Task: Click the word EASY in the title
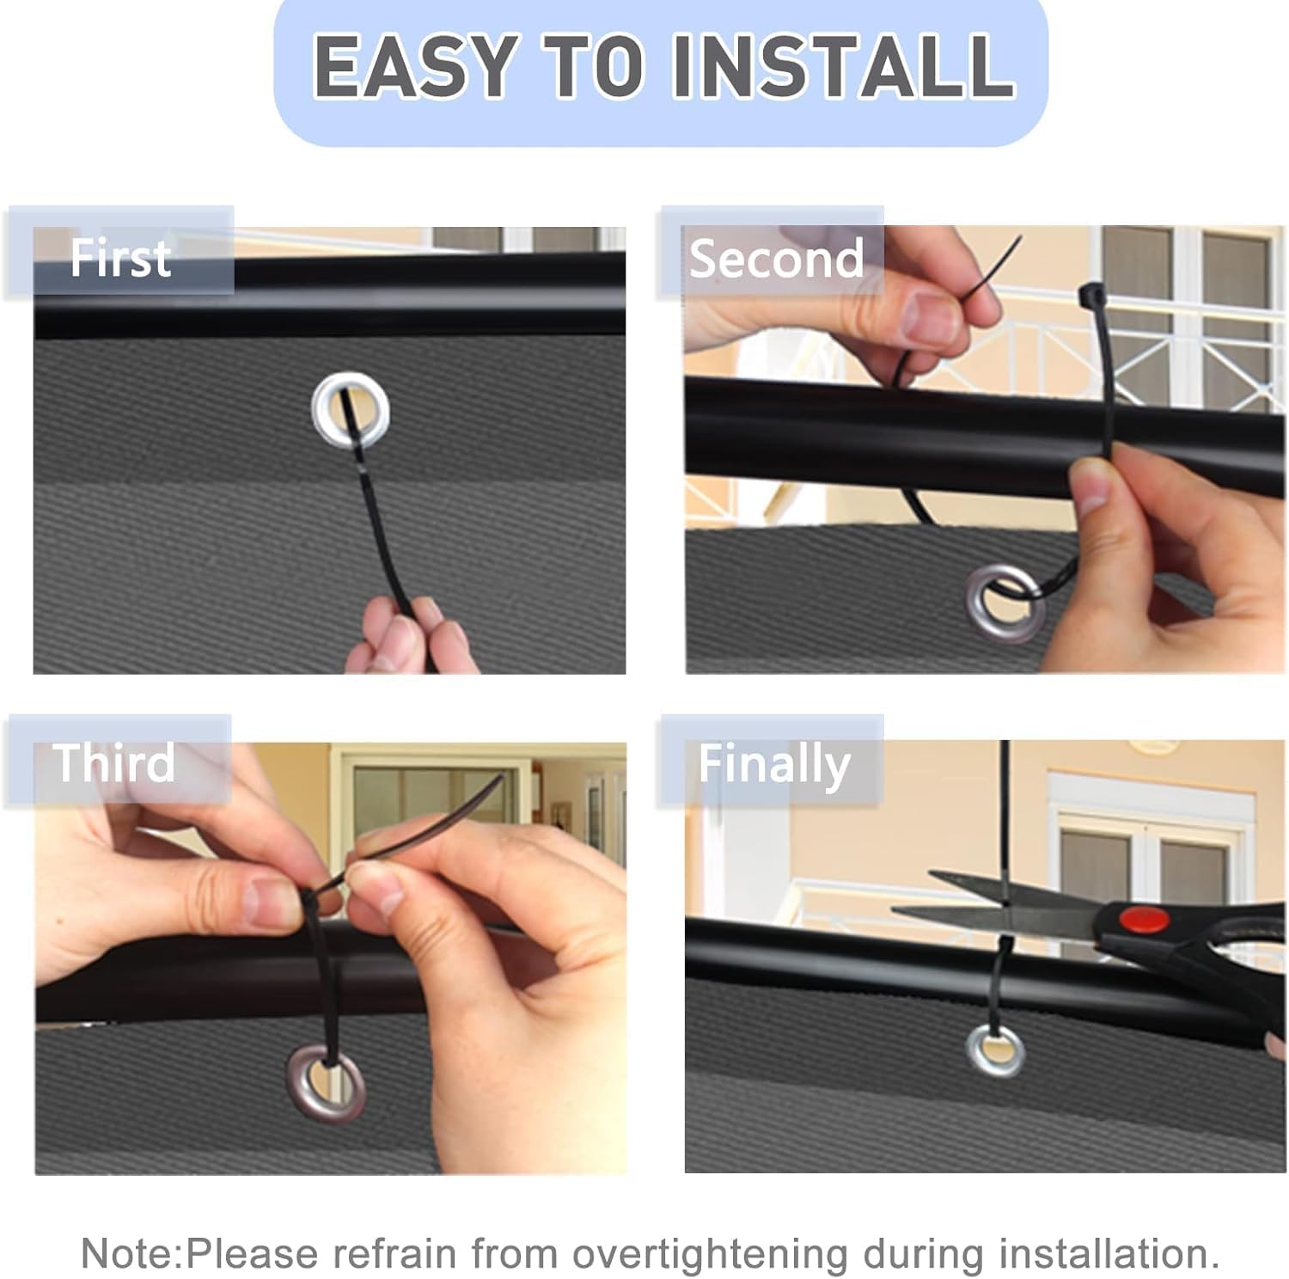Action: [412, 66]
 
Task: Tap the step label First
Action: [120, 258]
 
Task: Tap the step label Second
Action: [776, 258]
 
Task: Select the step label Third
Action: [113, 762]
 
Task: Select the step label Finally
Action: [774, 765]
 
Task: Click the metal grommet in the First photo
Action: [351, 411]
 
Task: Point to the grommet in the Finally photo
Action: [996, 1050]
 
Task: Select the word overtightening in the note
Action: [710, 1255]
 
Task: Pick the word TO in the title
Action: [592, 66]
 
